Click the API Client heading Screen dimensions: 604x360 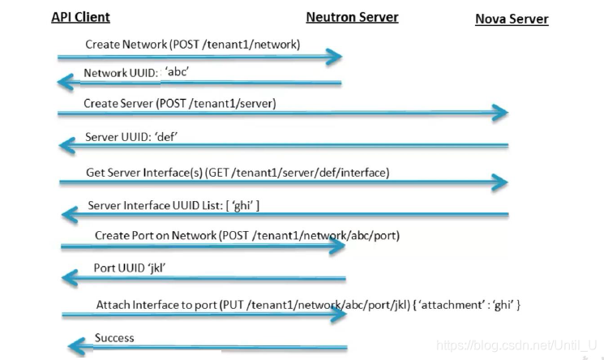(80, 17)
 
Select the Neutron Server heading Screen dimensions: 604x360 (352, 17)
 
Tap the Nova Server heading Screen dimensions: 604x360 (512, 19)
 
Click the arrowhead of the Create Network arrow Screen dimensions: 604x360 (333, 57)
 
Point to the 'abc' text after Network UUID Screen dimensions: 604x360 (177, 71)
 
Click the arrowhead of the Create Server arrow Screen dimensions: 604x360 (500, 113)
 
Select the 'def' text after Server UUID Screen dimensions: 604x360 (165, 137)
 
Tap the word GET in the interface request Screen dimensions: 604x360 (218, 173)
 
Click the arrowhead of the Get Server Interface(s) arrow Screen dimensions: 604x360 (499, 182)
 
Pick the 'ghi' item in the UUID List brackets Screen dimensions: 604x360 (242, 205)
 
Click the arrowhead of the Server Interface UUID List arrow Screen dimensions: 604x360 (70, 215)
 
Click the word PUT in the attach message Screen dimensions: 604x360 (233, 305)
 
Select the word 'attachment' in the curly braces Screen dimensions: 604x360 (451, 305)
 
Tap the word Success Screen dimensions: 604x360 (114, 338)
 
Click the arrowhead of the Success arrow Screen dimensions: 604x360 (76, 346)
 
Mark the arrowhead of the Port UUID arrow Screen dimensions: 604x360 (70, 278)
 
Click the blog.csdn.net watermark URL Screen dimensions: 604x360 (516, 345)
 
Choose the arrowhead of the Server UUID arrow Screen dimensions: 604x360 (67, 146)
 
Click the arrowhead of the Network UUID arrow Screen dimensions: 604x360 (65, 82)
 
